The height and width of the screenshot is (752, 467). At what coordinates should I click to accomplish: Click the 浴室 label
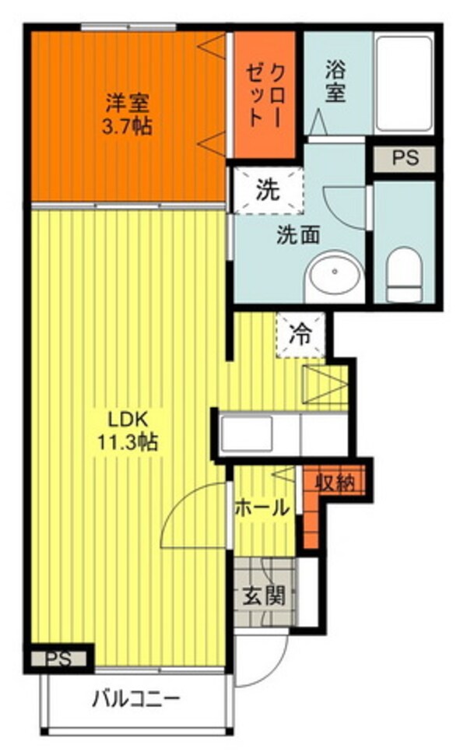[x=334, y=81]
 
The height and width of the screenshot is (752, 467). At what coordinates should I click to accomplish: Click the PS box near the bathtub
[x=404, y=159]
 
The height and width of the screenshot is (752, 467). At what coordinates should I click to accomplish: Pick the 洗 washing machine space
[x=266, y=189]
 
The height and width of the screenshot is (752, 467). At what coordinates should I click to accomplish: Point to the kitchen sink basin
[x=247, y=434]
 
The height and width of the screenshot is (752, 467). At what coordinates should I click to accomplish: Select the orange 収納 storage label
[x=335, y=483]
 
